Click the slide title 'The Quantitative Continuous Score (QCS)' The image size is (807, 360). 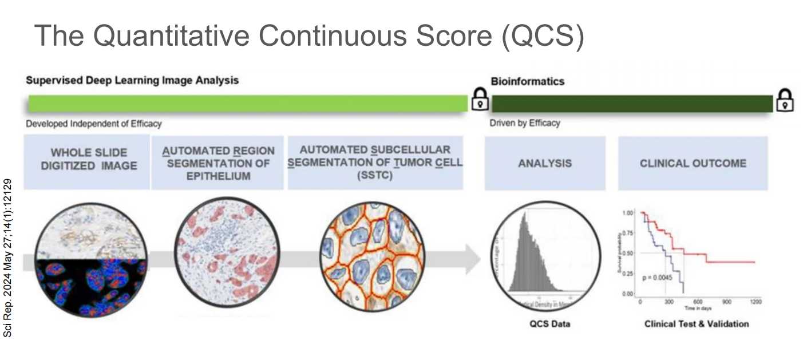coord(309,35)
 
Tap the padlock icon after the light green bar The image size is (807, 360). coord(480,100)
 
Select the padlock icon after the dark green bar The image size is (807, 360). coord(785,100)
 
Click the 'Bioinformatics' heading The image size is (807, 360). coord(527,81)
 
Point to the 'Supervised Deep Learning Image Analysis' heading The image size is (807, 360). coord(132,80)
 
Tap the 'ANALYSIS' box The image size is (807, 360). coord(544,163)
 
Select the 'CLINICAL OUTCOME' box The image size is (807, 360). coord(693,163)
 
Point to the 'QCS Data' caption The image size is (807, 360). coord(549,324)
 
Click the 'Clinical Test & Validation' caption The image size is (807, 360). coord(697,324)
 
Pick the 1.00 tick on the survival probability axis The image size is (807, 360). coord(628,212)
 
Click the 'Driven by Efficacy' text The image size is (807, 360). coord(525,122)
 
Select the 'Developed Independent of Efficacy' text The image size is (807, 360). coord(94,123)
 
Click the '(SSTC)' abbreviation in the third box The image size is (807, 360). coord(375,176)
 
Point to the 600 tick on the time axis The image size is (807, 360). coord(697,302)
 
